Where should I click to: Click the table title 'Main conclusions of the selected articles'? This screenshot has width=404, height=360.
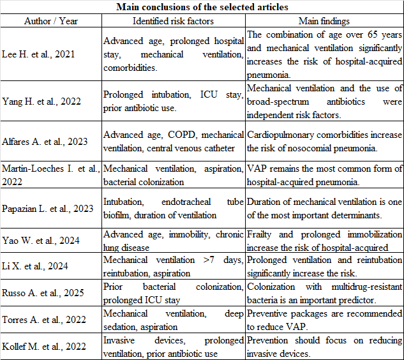tap(202, 8)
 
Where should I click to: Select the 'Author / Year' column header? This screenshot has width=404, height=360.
tap(50, 21)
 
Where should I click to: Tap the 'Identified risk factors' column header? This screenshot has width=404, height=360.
tap(172, 21)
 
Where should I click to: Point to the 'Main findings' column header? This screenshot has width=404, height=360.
tap(324, 21)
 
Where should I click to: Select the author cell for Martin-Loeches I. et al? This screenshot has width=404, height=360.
tap(50, 174)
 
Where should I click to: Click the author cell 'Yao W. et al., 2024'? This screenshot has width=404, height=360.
tap(40, 241)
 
